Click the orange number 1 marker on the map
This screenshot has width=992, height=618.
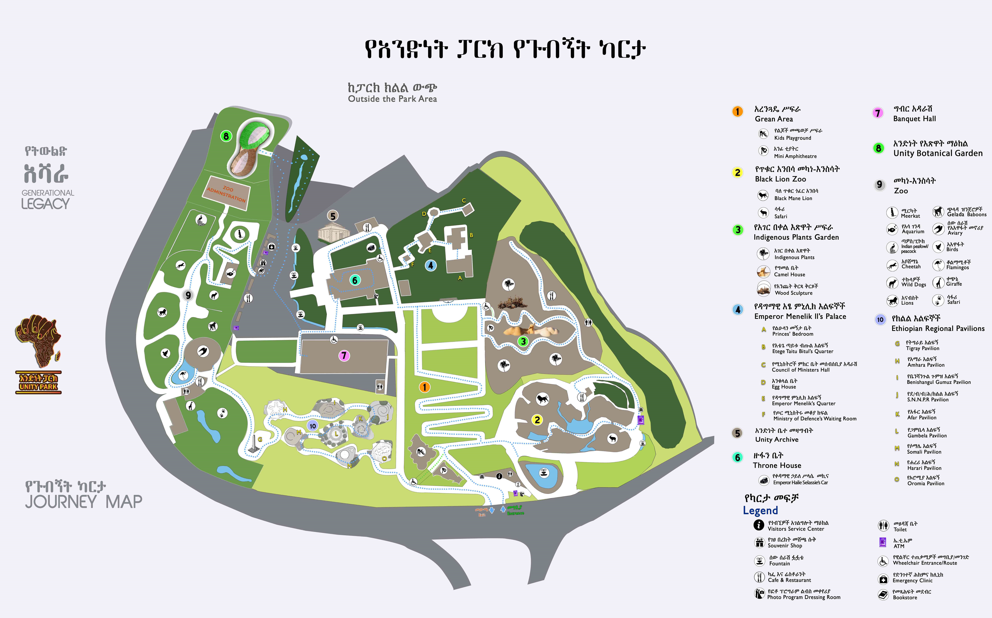pyautogui.click(x=424, y=387)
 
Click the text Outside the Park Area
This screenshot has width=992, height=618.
pyautogui.click(x=392, y=99)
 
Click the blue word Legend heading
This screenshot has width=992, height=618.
pyautogui.click(x=760, y=510)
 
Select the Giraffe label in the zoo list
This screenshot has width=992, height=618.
pyautogui.click(x=954, y=284)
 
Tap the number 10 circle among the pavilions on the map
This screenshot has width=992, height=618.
pyautogui.click(x=313, y=426)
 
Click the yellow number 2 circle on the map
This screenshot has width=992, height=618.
pyautogui.click(x=537, y=420)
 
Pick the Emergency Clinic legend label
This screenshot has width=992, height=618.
pyautogui.click(x=912, y=580)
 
